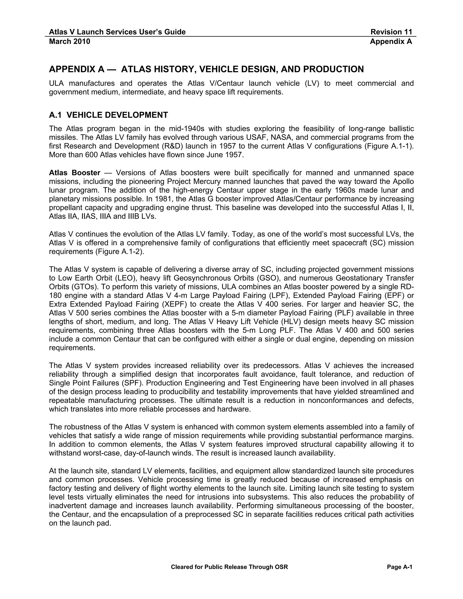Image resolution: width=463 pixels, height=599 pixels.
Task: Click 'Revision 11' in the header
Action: pyautogui.click(x=391, y=32)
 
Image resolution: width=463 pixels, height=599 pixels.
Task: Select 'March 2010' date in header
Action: pyautogui.click(x=69, y=42)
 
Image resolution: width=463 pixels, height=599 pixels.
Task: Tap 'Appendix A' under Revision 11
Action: pyautogui.click(x=391, y=42)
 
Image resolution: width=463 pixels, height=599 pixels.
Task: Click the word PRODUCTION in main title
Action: pyautogui.click(x=333, y=69)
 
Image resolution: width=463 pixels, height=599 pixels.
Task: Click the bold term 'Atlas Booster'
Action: pyautogui.click(x=75, y=173)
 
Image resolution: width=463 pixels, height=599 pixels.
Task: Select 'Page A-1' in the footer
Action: pyautogui.click(x=399, y=567)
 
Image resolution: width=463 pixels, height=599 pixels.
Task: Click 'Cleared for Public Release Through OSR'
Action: pyautogui.click(x=229, y=567)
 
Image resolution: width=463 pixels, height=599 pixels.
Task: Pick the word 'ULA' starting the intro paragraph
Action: pyautogui.click(x=56, y=83)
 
